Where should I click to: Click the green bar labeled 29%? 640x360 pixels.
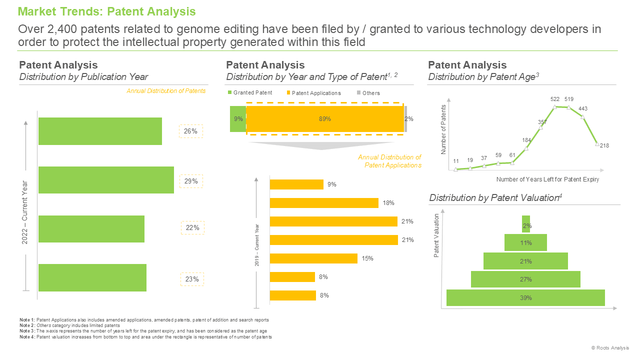106,180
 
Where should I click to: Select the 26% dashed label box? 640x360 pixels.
191,131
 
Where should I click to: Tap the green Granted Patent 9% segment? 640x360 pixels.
238,119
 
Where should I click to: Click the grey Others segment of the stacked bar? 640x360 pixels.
405,119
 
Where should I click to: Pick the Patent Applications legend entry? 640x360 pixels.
313,93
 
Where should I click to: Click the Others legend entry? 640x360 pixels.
368,93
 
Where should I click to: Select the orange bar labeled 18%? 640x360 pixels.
324,203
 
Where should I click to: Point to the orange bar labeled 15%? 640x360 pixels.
313,258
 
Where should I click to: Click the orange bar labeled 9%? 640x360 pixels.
296,184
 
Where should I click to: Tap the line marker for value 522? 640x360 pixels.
554,107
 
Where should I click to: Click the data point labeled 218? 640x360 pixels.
597,144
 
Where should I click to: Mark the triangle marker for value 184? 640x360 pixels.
526,148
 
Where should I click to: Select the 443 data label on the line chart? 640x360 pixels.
583,108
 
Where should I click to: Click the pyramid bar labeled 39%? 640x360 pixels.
525,297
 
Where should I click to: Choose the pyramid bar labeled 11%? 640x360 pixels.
525,242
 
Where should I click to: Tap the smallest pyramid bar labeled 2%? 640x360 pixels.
525,224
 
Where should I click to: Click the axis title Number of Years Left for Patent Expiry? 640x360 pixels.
547,179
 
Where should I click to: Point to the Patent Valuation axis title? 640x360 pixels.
436,235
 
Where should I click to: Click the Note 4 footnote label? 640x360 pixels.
27,337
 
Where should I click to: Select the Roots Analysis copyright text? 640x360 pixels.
610,347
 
